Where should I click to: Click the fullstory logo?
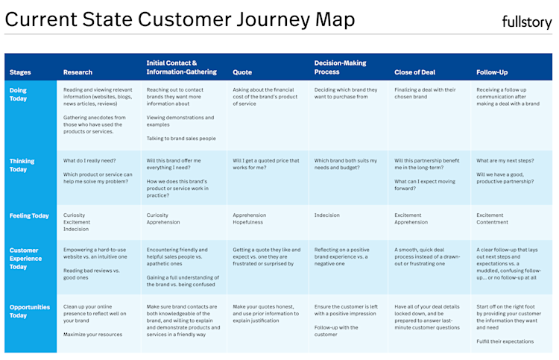tap(526, 22)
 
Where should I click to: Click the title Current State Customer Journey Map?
tap(180, 19)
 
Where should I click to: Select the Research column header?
tap(78, 72)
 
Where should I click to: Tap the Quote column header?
tap(242, 72)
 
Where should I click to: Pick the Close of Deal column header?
tap(414, 72)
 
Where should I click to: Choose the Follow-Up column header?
tap(492, 72)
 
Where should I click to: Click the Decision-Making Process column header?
tap(340, 67)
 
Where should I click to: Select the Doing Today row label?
tap(18, 95)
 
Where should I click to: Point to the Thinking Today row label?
tap(22, 165)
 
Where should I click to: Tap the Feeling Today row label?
tap(29, 215)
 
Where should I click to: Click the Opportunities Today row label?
tap(30, 311)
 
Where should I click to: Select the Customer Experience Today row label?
tap(25, 259)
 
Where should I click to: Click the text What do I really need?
tap(89, 161)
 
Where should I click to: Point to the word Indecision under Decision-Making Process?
tap(327, 215)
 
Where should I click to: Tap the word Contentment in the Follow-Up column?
tap(492, 222)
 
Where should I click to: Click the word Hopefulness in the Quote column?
tap(247, 222)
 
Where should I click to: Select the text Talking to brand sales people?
tap(181, 139)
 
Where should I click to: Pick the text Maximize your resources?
tap(92, 335)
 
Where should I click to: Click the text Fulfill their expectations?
tap(505, 341)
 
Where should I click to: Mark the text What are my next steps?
tap(505, 161)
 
